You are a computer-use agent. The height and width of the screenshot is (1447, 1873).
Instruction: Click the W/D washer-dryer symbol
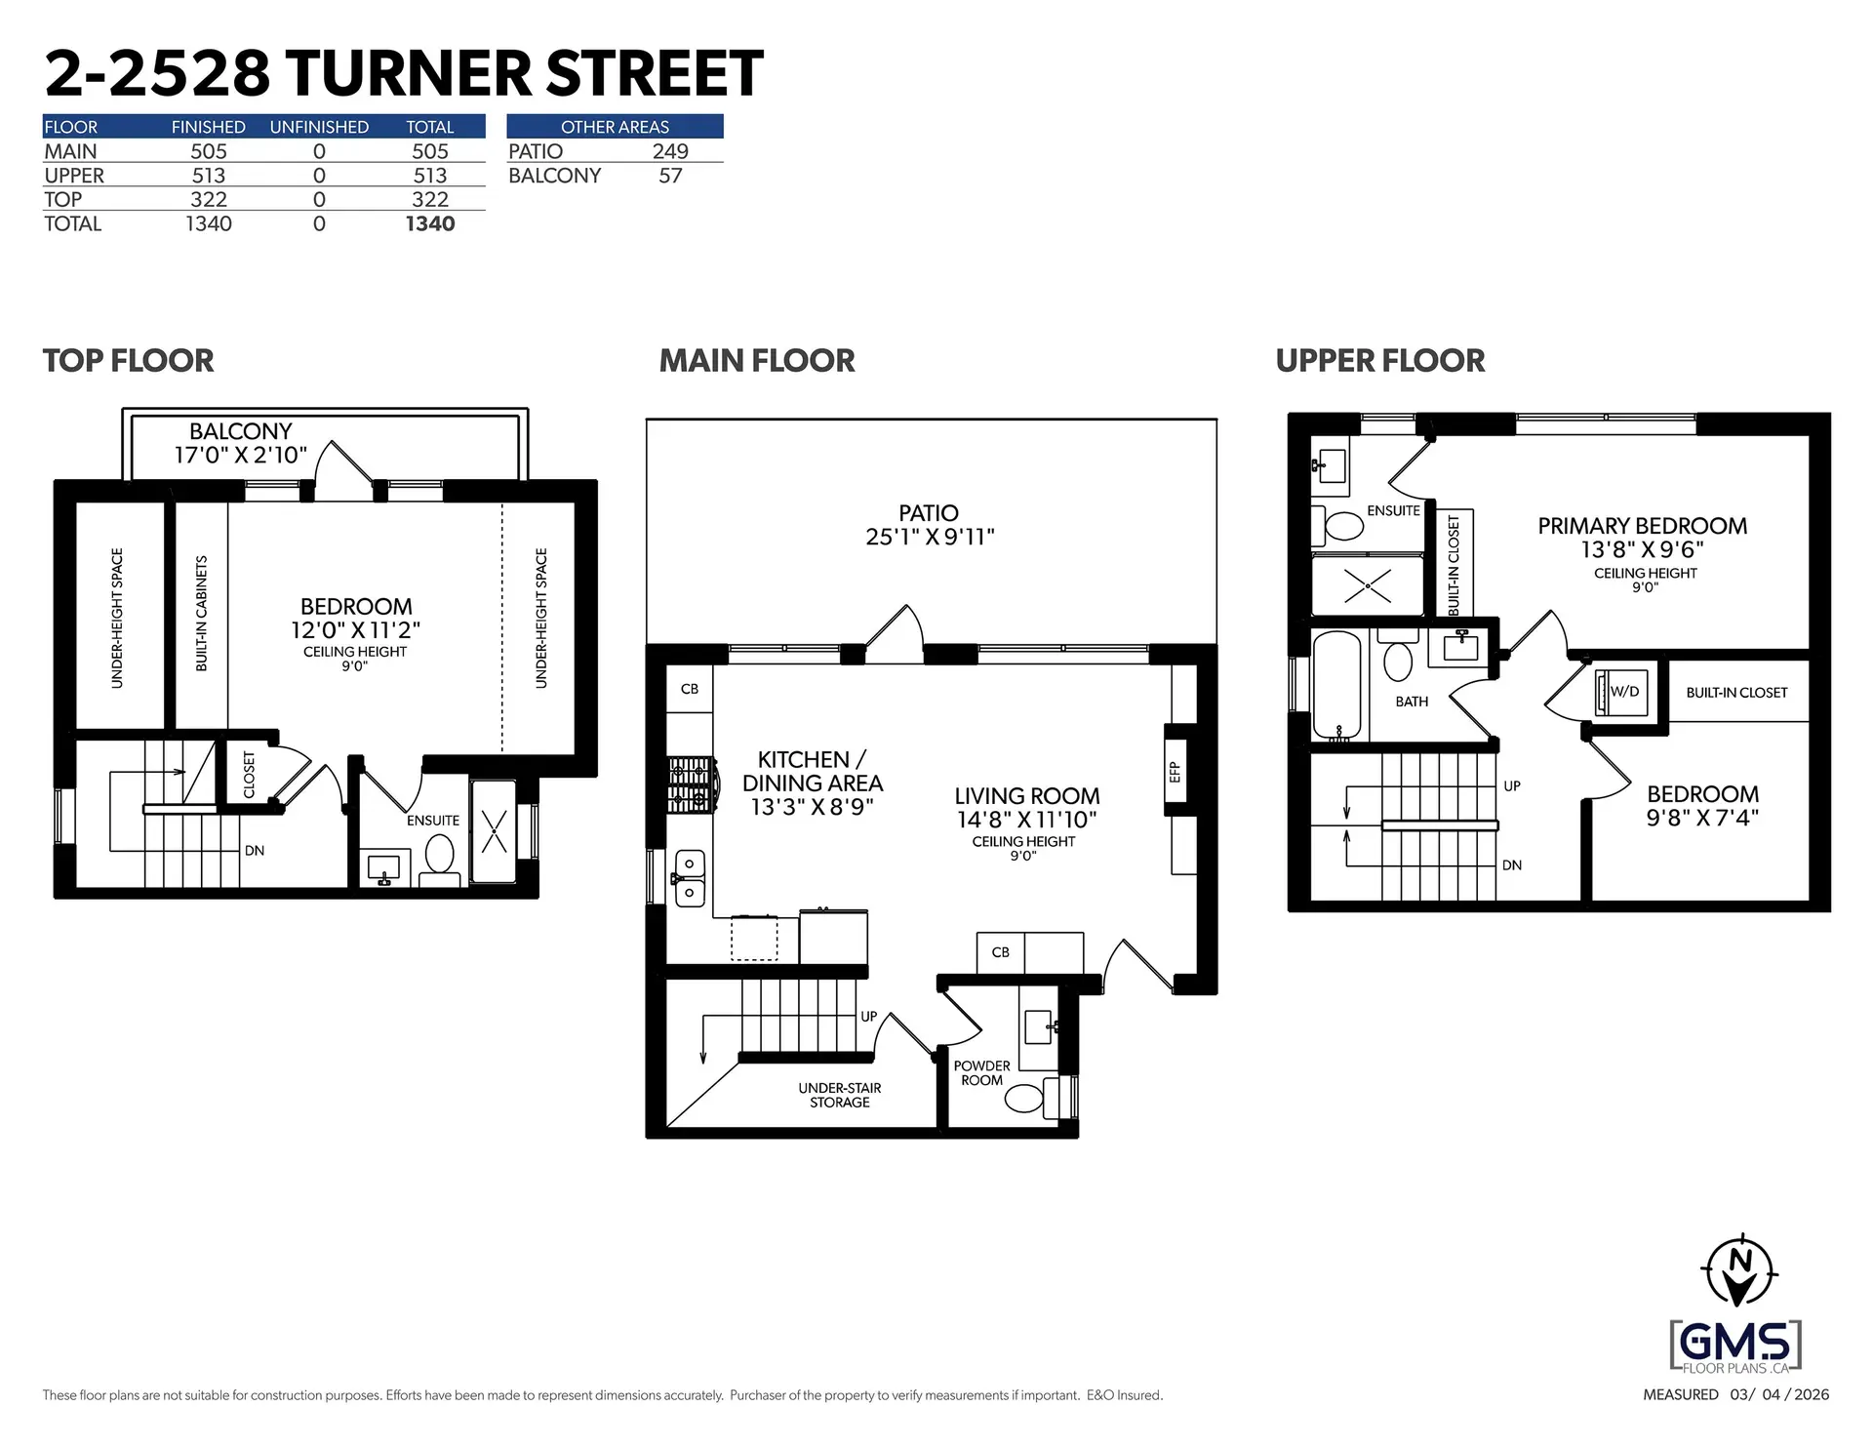click(1622, 692)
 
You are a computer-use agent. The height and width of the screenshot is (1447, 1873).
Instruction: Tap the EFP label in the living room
click(1176, 772)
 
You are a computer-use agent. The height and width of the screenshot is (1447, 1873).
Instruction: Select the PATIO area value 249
click(670, 151)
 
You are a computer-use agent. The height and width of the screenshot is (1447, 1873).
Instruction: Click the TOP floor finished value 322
click(209, 199)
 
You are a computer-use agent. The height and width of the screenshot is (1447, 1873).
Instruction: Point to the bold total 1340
click(430, 223)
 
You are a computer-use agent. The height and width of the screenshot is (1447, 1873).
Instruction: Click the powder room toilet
click(1024, 1099)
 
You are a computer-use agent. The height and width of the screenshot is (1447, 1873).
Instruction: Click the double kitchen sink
click(690, 878)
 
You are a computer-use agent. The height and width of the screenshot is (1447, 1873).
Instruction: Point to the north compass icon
click(1738, 1270)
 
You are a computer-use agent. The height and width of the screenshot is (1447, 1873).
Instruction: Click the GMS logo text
click(1735, 1344)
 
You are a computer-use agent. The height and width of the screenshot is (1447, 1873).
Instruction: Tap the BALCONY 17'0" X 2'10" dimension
click(240, 455)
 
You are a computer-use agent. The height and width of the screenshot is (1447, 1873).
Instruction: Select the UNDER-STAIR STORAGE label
click(839, 1095)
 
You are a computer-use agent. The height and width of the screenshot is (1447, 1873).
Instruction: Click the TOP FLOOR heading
click(128, 360)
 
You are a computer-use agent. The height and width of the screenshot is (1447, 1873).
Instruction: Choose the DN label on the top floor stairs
click(255, 851)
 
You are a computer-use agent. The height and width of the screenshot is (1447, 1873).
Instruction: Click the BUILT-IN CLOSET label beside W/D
click(1736, 693)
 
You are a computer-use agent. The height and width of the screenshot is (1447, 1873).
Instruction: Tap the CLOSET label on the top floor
click(250, 774)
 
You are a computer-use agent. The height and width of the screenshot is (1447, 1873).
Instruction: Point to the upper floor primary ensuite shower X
click(1368, 585)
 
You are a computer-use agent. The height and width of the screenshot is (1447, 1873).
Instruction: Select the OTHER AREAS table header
click(615, 127)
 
